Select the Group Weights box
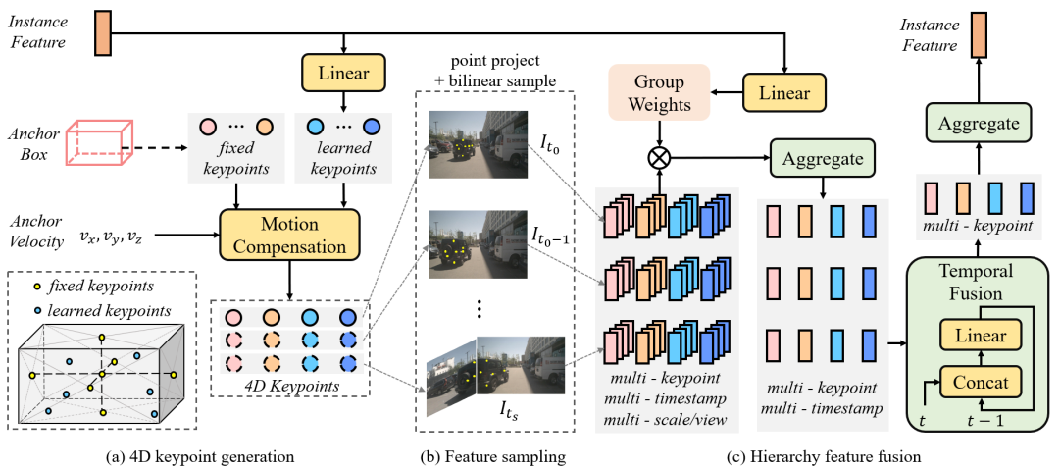click(x=658, y=93)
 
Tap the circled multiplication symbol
click(x=659, y=156)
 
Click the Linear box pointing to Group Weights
click(x=783, y=93)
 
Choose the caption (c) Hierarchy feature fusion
click(x=820, y=456)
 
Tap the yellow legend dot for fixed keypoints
click(x=36, y=286)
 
